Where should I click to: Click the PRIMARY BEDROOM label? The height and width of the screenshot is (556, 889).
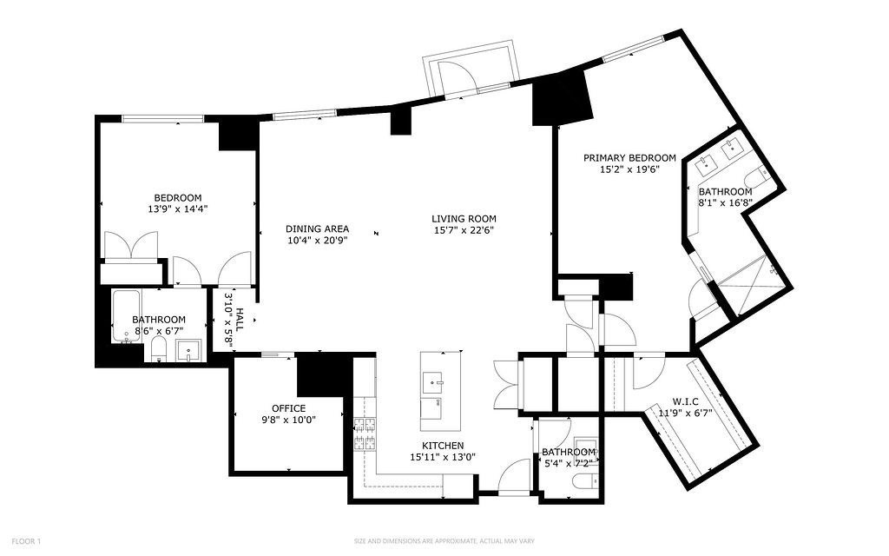(629, 158)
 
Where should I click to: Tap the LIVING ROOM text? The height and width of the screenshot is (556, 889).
(464, 219)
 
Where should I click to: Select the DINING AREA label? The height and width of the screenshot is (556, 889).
(317, 229)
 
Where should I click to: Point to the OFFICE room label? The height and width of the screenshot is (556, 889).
(288, 408)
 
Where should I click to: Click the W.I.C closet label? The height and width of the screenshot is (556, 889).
(685, 401)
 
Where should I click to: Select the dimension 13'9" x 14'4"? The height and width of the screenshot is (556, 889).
(178, 208)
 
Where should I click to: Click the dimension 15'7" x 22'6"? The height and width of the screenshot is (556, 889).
(464, 230)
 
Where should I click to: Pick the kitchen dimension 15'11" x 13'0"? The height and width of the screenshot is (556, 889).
(442, 457)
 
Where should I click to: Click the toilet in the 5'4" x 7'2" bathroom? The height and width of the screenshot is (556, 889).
(587, 481)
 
